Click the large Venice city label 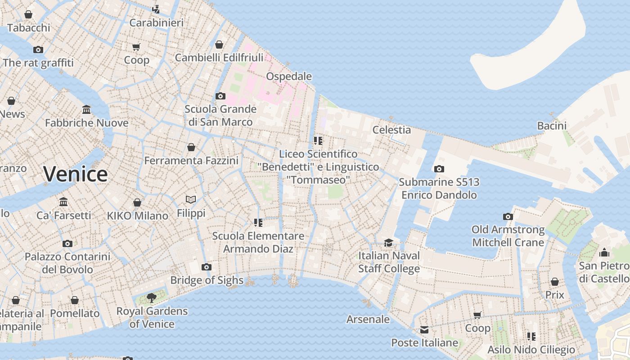click(76, 174)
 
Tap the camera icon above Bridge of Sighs click(207, 267)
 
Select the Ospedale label click(289, 76)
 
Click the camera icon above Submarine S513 click(439, 169)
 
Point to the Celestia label click(391, 130)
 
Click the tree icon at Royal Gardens click(152, 297)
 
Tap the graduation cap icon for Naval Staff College click(388, 243)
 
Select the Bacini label click(552, 126)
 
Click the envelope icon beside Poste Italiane click(424, 330)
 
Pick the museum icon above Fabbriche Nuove click(86, 109)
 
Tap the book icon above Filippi click(191, 199)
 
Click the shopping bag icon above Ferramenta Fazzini click(191, 147)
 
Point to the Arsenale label click(368, 319)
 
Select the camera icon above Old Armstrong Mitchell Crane click(508, 216)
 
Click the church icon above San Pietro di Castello click(604, 252)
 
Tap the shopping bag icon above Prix click(555, 282)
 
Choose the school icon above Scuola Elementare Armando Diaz click(258, 222)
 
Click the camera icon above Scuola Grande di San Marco click(220, 96)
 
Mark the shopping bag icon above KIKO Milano click(137, 202)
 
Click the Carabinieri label click(156, 22)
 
